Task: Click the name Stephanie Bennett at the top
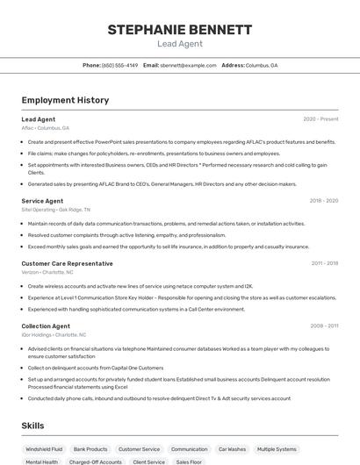(x=180, y=29)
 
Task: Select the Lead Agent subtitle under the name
(x=180, y=44)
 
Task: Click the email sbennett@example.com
(x=188, y=65)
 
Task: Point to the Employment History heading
(x=65, y=100)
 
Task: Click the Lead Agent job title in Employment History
(x=39, y=119)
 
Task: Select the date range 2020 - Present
(x=320, y=119)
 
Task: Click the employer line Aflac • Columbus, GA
(x=46, y=128)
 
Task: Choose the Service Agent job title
(x=42, y=201)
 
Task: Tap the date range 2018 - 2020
(x=323, y=201)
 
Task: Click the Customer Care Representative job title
(x=67, y=263)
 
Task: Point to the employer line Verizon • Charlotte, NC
(x=47, y=272)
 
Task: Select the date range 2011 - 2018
(x=324, y=263)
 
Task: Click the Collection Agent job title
(x=46, y=325)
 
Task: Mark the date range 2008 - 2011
(x=324, y=325)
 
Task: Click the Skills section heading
(x=33, y=426)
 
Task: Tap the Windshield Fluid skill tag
(x=44, y=448)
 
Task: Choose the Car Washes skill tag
(x=232, y=448)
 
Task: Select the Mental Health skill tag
(x=41, y=461)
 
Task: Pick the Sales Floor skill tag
(x=190, y=461)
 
